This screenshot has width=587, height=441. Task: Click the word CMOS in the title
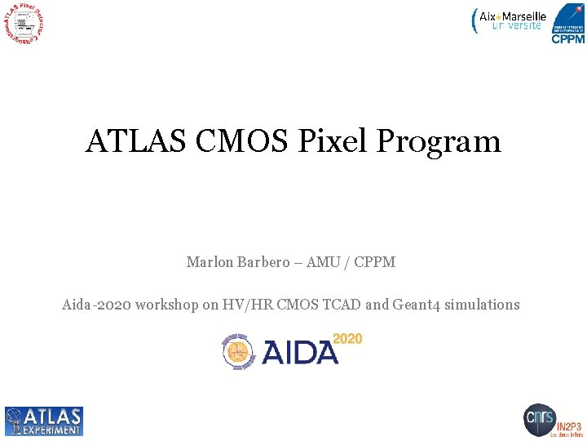(242, 142)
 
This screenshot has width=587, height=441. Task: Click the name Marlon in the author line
(210, 262)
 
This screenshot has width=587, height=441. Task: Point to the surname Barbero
(263, 262)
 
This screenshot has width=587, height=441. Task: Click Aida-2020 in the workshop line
(96, 305)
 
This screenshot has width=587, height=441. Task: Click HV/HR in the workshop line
(248, 305)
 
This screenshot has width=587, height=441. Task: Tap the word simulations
(483, 305)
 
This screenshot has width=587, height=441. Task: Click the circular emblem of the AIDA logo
(238, 352)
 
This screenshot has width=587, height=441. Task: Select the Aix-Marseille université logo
(510, 20)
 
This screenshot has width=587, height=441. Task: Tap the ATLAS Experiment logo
(44, 421)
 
